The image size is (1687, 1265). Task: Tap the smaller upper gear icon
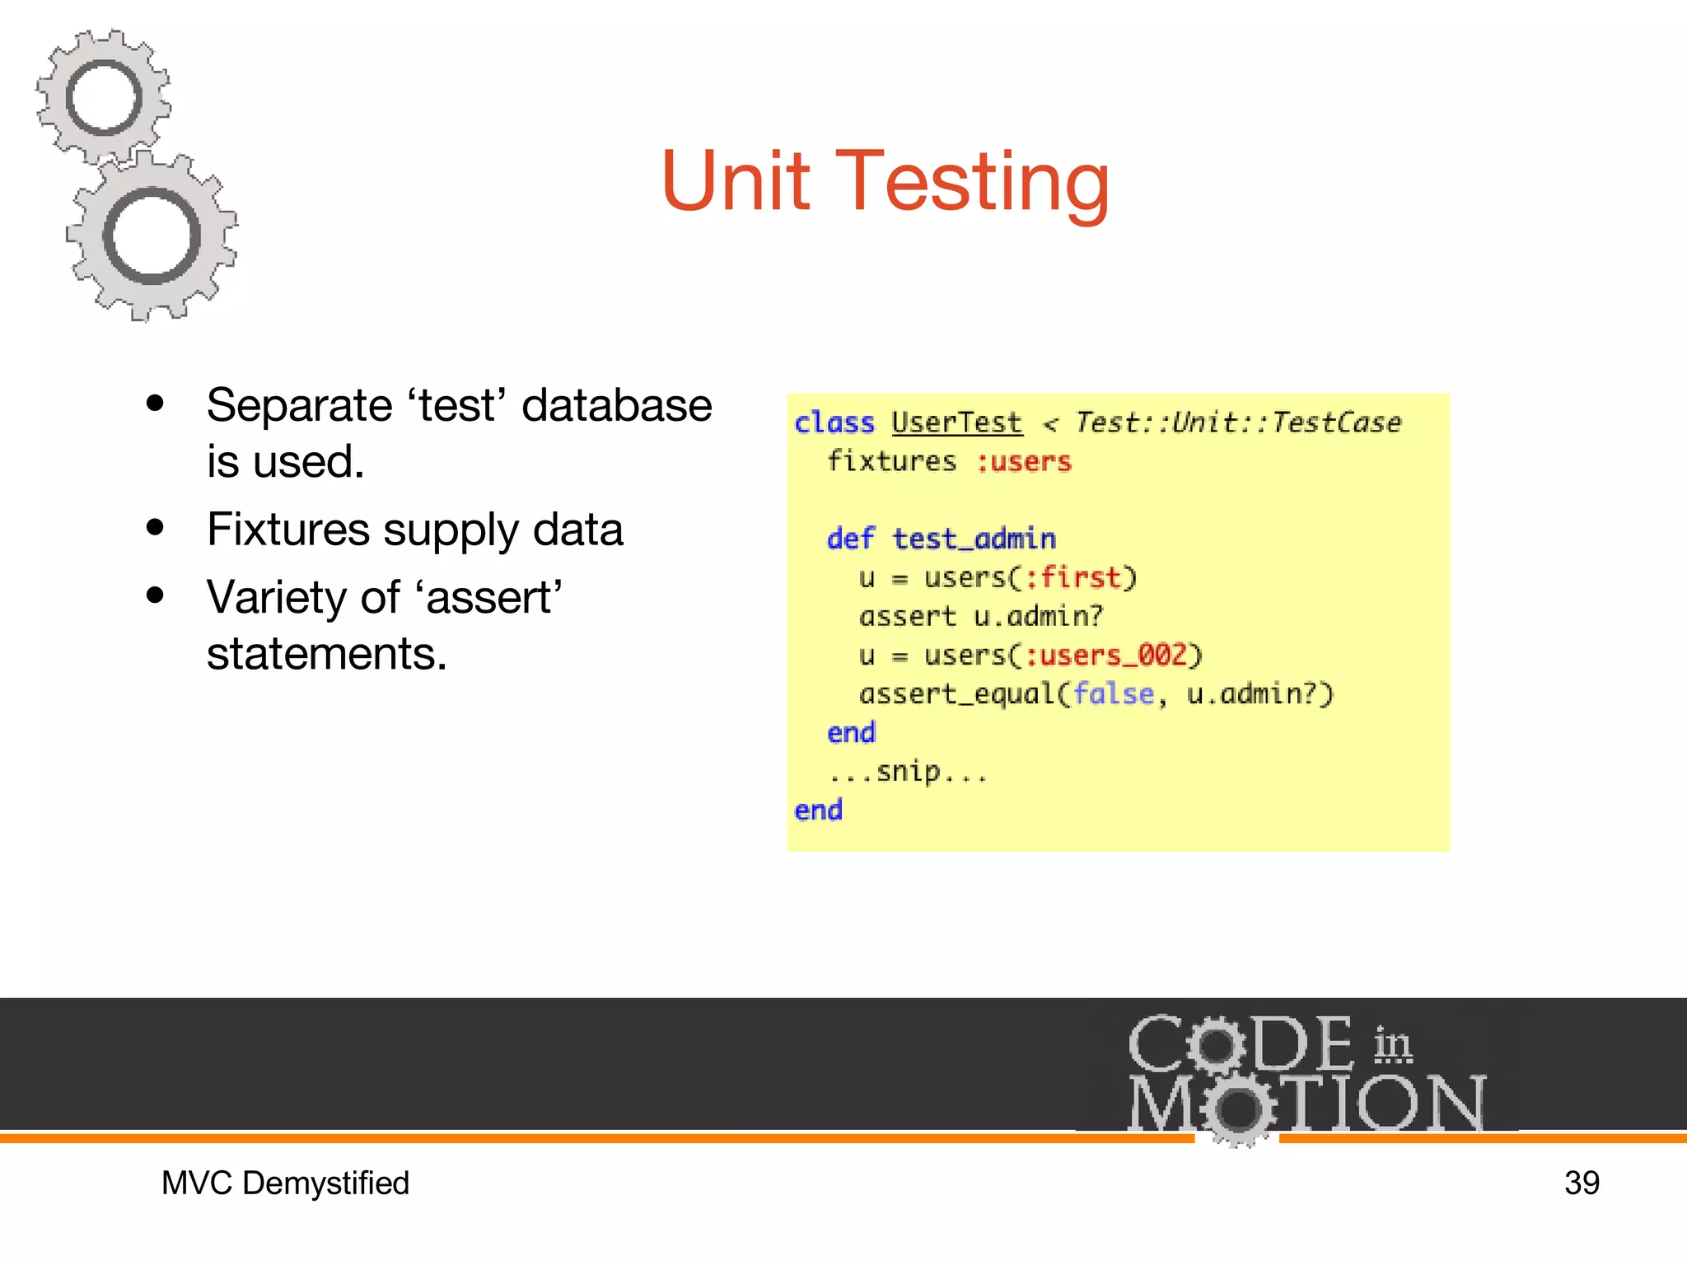pyautogui.click(x=103, y=97)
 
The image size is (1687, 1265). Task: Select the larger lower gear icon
pyautogui.click(x=152, y=236)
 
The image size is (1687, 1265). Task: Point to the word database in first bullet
pyautogui.click(x=616, y=405)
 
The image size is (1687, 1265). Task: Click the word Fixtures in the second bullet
pyautogui.click(x=287, y=529)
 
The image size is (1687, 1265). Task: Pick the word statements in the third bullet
pyautogui.click(x=326, y=654)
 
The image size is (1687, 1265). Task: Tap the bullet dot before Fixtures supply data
pyautogui.click(x=155, y=528)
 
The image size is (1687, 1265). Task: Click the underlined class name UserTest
pyautogui.click(x=956, y=422)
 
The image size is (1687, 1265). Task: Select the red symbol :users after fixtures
pyautogui.click(x=1024, y=462)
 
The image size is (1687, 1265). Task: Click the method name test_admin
pyautogui.click(x=974, y=539)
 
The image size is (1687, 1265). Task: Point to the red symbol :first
pyautogui.click(x=1072, y=577)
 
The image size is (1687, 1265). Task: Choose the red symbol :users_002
pyautogui.click(x=1105, y=656)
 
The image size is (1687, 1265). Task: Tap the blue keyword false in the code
pyautogui.click(x=1113, y=693)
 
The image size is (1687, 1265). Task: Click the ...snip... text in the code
pyautogui.click(x=908, y=773)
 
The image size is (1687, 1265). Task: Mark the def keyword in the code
pyautogui.click(x=850, y=539)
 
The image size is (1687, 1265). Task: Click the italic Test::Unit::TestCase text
pyautogui.click(x=1237, y=422)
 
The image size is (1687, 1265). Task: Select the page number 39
pyautogui.click(x=1582, y=1183)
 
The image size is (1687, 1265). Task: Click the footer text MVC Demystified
pyautogui.click(x=285, y=1183)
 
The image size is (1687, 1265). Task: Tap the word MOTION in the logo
pyautogui.click(x=1307, y=1104)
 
